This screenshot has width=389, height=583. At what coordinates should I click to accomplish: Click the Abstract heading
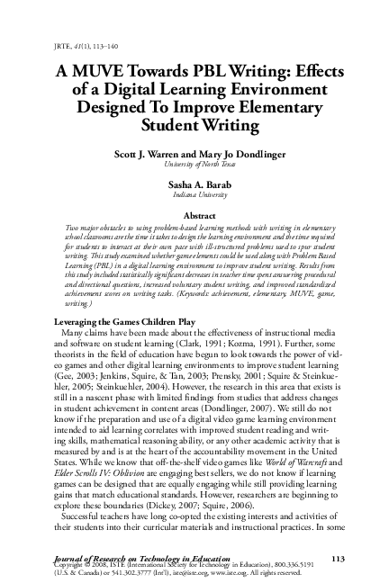(x=194, y=217)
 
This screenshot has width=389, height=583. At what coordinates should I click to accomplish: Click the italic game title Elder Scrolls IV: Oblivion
(x=103, y=471)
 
